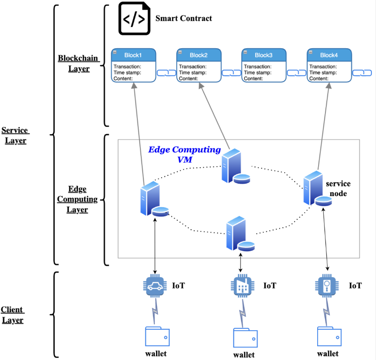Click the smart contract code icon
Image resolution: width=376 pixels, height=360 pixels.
(134, 19)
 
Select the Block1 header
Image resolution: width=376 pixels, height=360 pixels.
(133, 55)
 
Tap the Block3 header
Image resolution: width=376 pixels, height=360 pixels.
(264, 55)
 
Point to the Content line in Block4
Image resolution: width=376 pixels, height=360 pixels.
(320, 79)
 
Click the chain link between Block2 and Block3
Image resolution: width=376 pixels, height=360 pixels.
(231, 73)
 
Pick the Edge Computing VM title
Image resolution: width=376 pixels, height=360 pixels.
(184, 154)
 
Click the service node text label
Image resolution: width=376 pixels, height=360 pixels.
(338, 188)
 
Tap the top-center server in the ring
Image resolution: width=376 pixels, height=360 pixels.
(235, 167)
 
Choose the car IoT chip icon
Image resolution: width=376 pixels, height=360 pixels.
(155, 286)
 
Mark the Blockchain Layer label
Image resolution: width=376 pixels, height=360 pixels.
(73, 63)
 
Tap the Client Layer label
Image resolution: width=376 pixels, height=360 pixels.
(12, 315)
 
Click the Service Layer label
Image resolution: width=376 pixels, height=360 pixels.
(15, 135)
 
